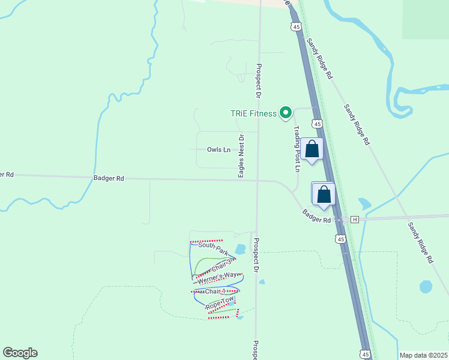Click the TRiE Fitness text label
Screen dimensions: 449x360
tap(254, 113)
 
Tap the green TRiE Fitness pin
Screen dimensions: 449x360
tap(286, 112)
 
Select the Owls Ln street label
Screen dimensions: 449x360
tap(218, 149)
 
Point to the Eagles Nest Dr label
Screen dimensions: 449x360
tap(241, 155)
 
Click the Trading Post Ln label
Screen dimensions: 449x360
tap(297, 148)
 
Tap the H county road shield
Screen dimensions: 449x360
tap(355, 220)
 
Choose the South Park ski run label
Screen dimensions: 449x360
tap(214, 246)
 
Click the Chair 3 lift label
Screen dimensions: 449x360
tap(221, 265)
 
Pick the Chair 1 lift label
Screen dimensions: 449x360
tap(214, 292)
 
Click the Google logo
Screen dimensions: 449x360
tap(20, 353)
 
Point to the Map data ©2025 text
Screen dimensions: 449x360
tap(423, 355)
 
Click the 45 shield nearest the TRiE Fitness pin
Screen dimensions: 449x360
tap(318, 124)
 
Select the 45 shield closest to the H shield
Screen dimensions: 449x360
tap(341, 239)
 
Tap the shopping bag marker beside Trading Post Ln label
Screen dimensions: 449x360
tap(312, 149)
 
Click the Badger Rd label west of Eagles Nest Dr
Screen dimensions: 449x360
tap(109, 178)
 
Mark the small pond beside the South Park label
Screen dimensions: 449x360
tap(241, 248)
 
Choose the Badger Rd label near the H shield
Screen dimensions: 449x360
tap(317, 216)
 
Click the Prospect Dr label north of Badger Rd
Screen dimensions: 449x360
tap(259, 81)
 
